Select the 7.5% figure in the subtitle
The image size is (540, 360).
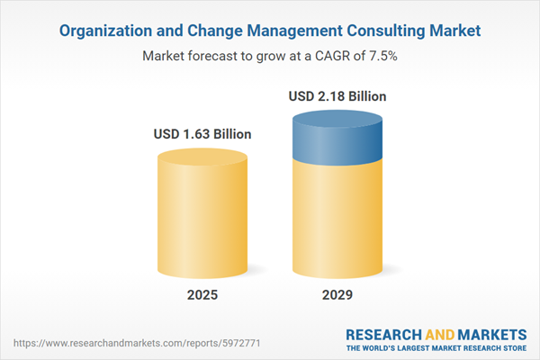tap(382, 55)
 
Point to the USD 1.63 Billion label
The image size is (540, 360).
tap(202, 134)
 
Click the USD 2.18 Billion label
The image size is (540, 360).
tap(337, 95)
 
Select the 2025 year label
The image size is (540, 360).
tap(202, 295)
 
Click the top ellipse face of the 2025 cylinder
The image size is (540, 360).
tap(202, 158)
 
